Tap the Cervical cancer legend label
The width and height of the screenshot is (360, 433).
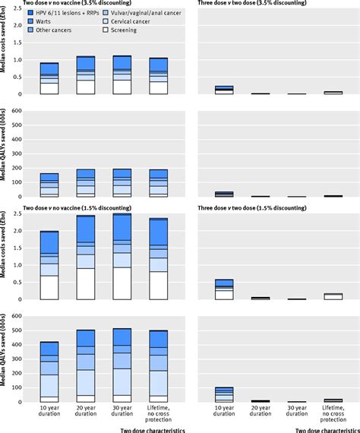129,23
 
